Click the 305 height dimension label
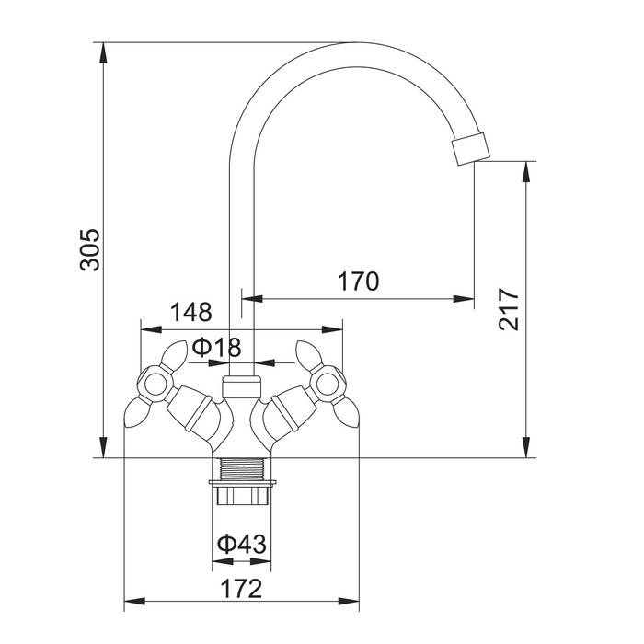pos(89,250)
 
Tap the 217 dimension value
pos(509,309)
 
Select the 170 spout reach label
pos(358,282)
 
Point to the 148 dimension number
pos(191,312)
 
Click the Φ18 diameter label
pos(216,347)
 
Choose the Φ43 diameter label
pos(241,545)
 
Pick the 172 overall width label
pos(241,589)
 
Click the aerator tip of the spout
pos(471,148)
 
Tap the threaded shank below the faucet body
pos(241,468)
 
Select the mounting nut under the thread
pos(242,493)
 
